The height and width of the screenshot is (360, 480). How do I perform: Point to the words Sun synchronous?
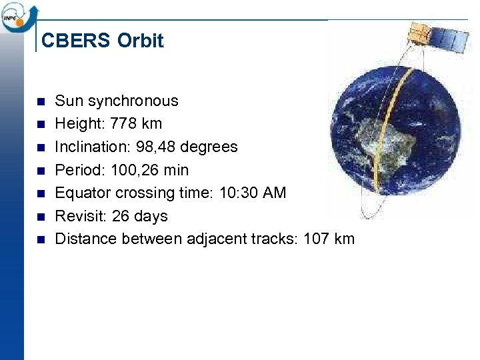[x=117, y=101]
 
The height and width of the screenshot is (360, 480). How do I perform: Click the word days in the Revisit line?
[x=150, y=216]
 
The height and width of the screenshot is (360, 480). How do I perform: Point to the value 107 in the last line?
[x=316, y=239]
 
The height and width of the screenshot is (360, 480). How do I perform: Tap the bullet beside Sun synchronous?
[x=40, y=101]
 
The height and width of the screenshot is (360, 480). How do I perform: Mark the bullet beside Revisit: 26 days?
[x=40, y=217]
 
